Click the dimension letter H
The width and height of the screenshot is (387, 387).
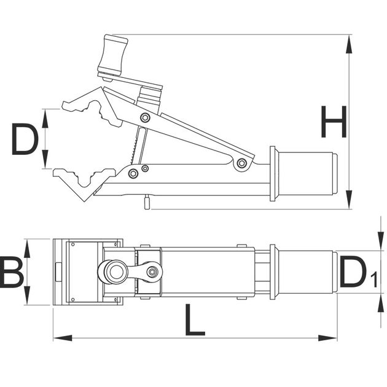click(x=334, y=122)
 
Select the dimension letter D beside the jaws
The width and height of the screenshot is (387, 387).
click(x=25, y=139)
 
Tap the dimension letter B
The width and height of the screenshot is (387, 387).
click(x=11, y=272)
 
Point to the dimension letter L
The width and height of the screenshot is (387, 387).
click(x=195, y=320)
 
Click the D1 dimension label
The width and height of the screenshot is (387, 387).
click(x=358, y=272)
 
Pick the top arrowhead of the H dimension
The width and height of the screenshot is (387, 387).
click(x=349, y=44)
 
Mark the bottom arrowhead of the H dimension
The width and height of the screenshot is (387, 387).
click(x=349, y=200)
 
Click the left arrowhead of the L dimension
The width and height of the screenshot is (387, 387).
click(x=63, y=338)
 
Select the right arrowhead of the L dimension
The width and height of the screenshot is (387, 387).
click(x=327, y=338)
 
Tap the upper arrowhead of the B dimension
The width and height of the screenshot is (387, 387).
click(x=27, y=249)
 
